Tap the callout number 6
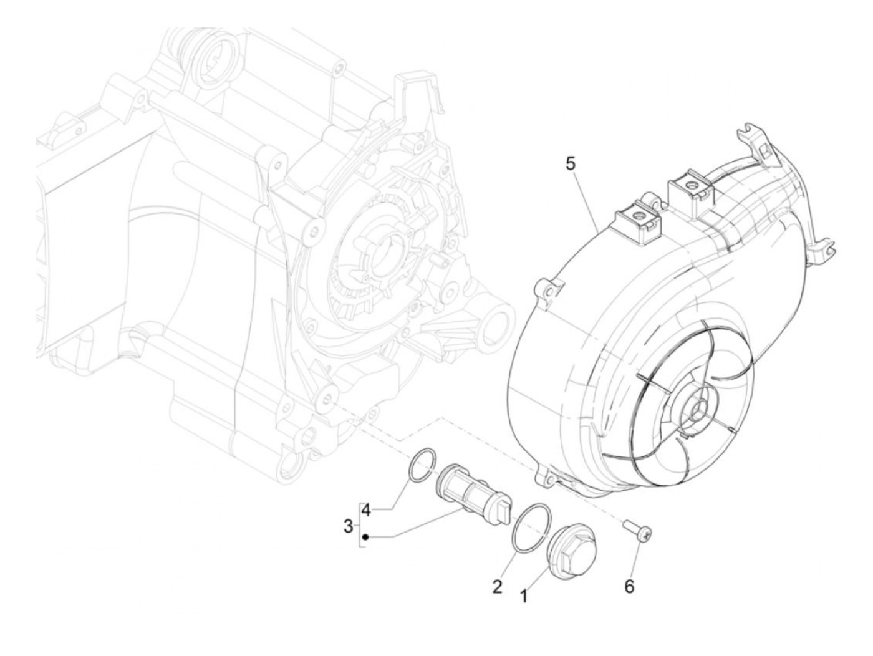click(629, 586)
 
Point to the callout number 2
click(497, 586)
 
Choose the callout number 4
click(366, 510)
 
